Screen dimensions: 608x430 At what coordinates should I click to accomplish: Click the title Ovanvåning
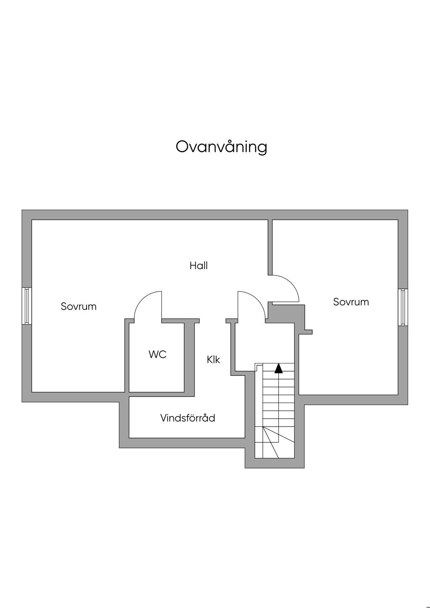click(x=221, y=147)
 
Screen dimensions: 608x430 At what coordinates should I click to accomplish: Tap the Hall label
click(x=199, y=265)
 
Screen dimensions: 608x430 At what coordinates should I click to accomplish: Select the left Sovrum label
click(x=79, y=306)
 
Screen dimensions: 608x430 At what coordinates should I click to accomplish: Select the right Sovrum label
click(x=351, y=301)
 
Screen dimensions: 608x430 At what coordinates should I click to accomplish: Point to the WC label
click(x=157, y=354)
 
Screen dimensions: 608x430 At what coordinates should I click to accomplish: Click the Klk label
click(x=213, y=360)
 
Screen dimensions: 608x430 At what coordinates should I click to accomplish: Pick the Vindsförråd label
click(x=188, y=418)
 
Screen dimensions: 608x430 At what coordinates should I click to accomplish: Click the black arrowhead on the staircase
click(x=278, y=368)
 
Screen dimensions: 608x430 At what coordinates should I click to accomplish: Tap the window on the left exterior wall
click(x=27, y=306)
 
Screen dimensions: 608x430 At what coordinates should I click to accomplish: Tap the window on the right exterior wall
click(x=403, y=307)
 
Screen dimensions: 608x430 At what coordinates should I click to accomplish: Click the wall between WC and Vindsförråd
click(x=162, y=394)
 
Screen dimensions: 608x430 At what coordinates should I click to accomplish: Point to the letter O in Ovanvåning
click(x=181, y=147)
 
